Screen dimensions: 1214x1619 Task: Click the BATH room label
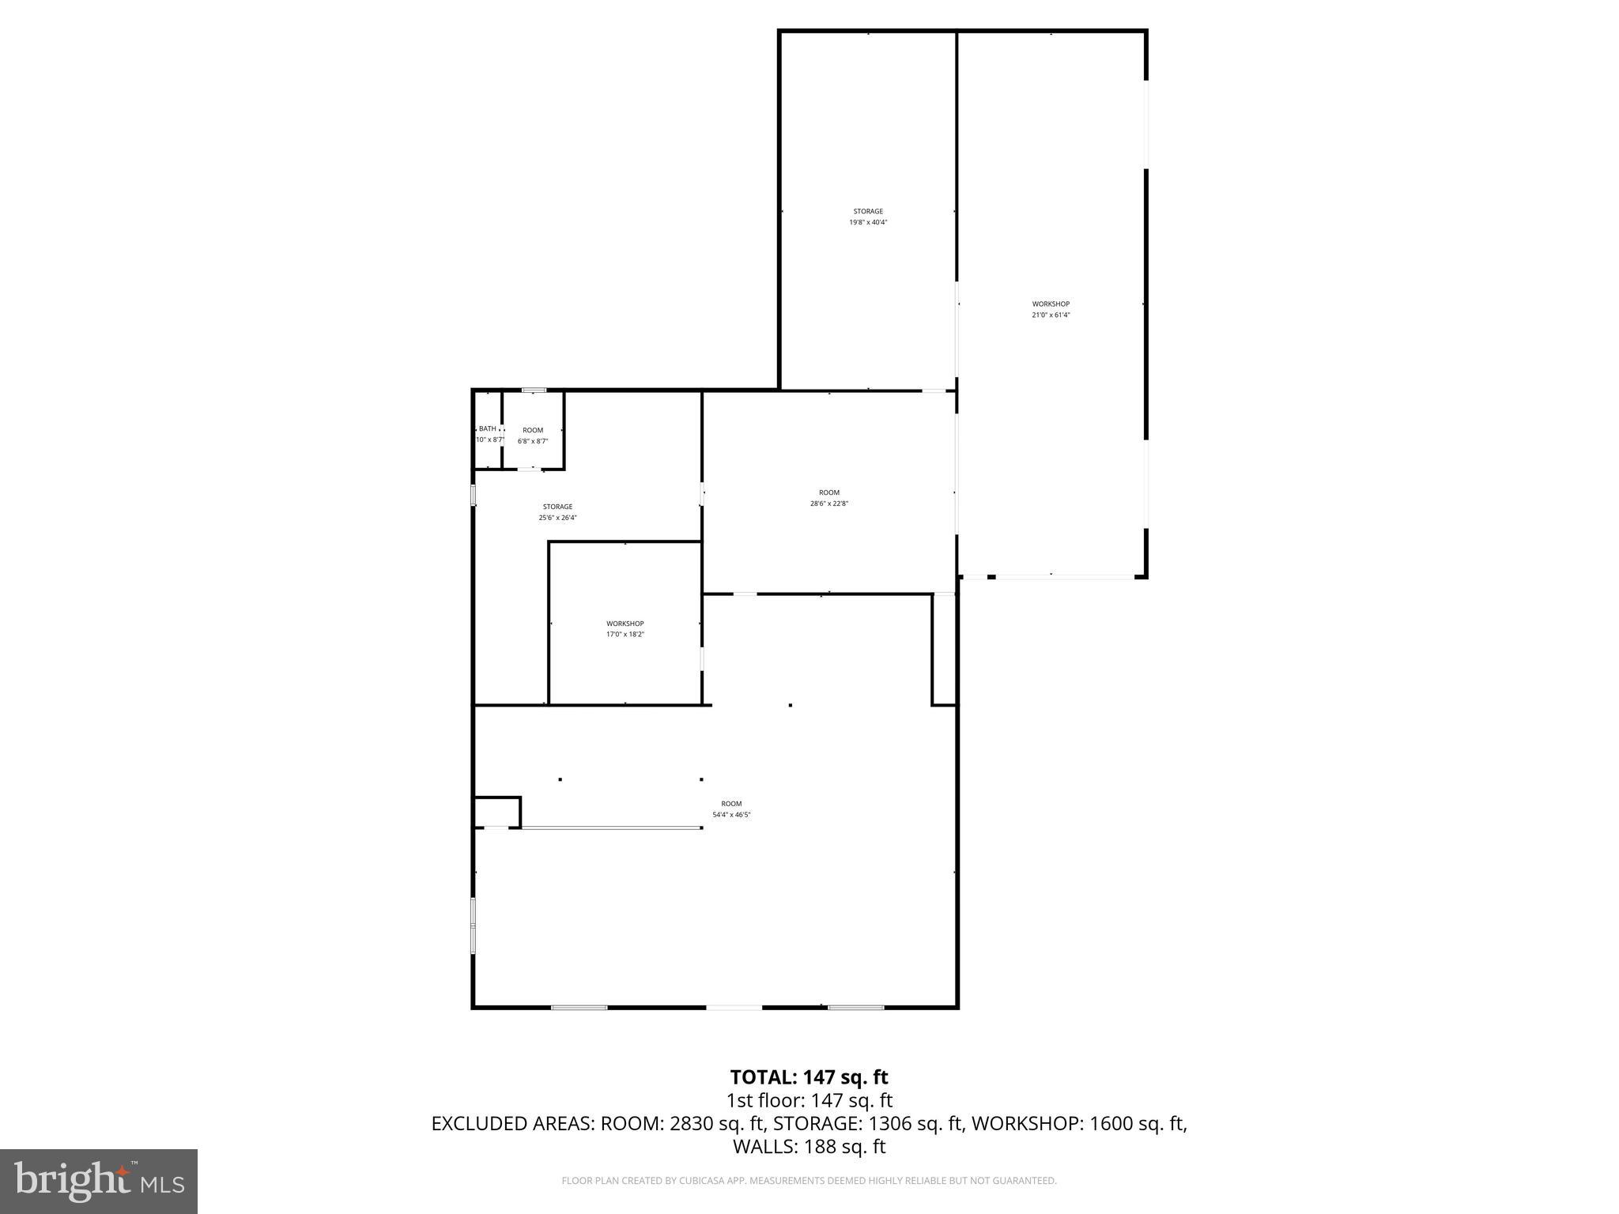coord(488,428)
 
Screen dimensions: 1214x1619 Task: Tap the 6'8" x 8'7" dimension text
coord(533,441)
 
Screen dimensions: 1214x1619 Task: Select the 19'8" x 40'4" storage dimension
coord(868,222)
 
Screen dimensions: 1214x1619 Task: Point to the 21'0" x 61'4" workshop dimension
coord(1051,315)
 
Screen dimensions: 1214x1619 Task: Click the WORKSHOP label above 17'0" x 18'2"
coord(625,624)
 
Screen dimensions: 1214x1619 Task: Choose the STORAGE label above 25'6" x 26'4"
coord(557,507)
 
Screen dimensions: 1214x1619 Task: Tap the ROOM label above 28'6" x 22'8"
coord(829,492)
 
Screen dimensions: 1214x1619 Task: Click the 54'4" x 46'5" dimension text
coord(731,814)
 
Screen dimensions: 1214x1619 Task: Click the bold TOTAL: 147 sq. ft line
coord(809,1077)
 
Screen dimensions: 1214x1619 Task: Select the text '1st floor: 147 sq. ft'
coord(809,1100)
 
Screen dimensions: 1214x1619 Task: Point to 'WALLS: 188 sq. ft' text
coord(809,1147)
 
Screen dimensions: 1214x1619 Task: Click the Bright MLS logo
coord(99,1181)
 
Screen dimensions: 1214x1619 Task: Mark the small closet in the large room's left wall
coord(496,812)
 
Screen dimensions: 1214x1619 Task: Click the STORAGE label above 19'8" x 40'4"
coord(868,211)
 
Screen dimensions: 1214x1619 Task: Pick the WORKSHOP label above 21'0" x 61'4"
coord(1051,303)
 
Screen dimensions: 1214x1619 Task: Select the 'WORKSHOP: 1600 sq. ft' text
coord(1078,1124)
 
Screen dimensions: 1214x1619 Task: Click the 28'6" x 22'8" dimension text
coord(829,503)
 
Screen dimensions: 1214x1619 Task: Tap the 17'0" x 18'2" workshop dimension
coord(625,635)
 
